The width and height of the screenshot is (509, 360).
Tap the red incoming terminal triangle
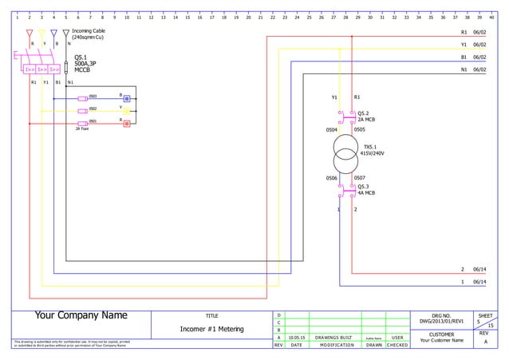pyautogui.click(x=30, y=34)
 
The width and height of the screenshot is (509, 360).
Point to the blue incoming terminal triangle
pyautogui.click(x=53, y=34)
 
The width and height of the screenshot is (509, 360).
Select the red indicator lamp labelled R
pyautogui.click(x=126, y=124)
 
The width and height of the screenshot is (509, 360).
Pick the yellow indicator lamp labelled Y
pyautogui.click(x=126, y=111)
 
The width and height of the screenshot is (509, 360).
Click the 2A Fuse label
pyautogui.click(x=82, y=129)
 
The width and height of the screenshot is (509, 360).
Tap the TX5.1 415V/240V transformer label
pyautogui.click(x=373, y=150)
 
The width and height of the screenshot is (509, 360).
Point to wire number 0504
pyautogui.click(x=332, y=129)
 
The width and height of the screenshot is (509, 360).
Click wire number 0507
pyautogui.click(x=359, y=178)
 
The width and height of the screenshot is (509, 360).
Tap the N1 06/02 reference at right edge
pyautogui.click(x=473, y=70)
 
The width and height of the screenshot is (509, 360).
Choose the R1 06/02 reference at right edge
pyautogui.click(x=473, y=32)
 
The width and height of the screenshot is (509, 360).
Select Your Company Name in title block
pyautogui.click(x=81, y=316)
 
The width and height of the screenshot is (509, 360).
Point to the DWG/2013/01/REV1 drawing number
pyautogui.click(x=441, y=322)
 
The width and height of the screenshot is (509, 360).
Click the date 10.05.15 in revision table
pyautogui.click(x=296, y=338)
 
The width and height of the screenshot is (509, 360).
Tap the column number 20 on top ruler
pyautogui.click(x=248, y=17)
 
